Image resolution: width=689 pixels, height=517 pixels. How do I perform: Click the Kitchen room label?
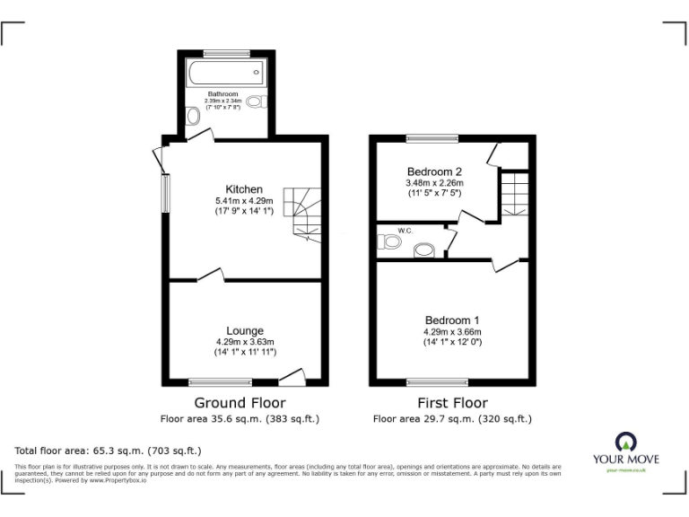pos(244,189)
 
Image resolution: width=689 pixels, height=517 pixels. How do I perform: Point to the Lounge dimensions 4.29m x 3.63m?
pos(244,342)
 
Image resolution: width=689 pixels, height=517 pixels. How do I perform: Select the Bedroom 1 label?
pos(452,320)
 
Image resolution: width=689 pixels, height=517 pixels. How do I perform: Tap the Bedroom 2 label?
pos(434,171)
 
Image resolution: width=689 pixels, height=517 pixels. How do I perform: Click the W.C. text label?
pos(405,231)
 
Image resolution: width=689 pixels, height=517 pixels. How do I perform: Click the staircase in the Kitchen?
pos(301,213)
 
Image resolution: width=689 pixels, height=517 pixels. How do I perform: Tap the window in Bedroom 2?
pos(432,137)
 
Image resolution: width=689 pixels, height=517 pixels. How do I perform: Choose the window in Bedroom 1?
pos(437,382)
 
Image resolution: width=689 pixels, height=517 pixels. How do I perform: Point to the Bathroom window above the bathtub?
pos(226,53)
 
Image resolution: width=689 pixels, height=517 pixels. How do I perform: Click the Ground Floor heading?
pos(240,403)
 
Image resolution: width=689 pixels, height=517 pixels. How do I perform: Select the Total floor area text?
pos(109,450)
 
